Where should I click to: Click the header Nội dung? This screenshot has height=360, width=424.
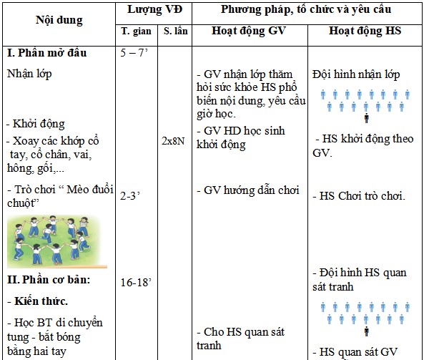point(59,21)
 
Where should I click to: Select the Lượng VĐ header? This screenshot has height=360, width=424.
point(156,9)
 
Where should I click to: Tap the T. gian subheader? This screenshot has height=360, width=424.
point(137,33)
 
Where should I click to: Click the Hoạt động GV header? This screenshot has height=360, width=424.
point(248,33)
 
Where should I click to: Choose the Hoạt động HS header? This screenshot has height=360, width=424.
point(365,33)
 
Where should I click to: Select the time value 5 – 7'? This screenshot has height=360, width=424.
point(135,54)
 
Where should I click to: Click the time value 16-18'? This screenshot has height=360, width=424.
point(137,282)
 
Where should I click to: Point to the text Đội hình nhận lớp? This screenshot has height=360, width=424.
point(356,74)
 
